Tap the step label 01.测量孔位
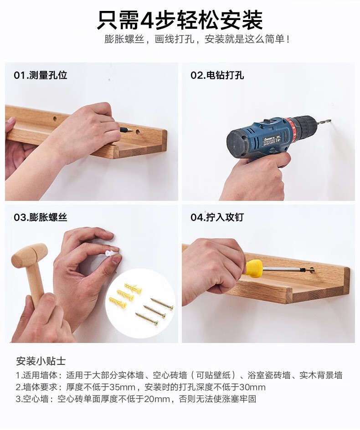tap(41, 75)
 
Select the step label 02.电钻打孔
tap(217, 75)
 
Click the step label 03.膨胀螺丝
tap(41, 217)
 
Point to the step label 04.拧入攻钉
tap(217, 217)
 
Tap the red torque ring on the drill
tap(291, 131)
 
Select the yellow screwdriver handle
tap(253, 268)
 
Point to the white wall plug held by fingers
tap(111, 252)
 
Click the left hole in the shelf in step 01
tap(55, 119)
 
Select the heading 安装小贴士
tap(41, 361)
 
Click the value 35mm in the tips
tap(123, 387)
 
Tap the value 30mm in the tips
tap(252, 387)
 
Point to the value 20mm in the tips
tap(157, 399)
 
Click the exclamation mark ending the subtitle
tap(288, 39)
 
